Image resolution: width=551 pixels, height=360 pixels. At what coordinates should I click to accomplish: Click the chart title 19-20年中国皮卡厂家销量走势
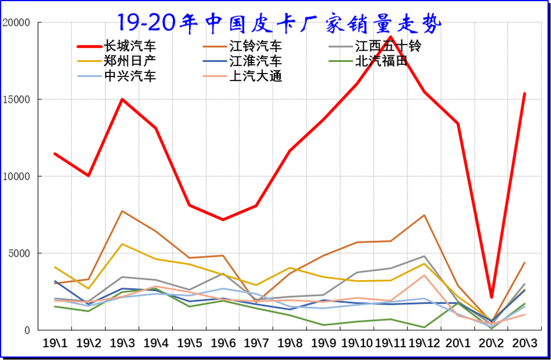click(278, 22)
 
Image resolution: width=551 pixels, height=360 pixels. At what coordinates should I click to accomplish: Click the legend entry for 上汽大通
click(255, 75)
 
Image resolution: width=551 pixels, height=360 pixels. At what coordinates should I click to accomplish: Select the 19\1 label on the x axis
click(54, 342)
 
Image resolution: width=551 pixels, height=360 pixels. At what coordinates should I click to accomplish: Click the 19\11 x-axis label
click(390, 342)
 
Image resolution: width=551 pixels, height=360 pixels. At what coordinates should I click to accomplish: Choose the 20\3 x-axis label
click(524, 342)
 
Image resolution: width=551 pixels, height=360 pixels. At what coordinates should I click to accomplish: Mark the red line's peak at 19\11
click(390, 37)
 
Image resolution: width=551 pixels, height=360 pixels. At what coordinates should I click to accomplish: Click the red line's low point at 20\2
click(491, 298)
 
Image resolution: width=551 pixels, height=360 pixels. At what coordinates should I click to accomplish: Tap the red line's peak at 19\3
click(122, 99)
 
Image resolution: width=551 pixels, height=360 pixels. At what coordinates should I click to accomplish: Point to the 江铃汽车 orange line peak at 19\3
click(122, 211)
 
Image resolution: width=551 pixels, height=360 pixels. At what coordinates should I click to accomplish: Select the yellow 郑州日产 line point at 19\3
click(122, 244)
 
